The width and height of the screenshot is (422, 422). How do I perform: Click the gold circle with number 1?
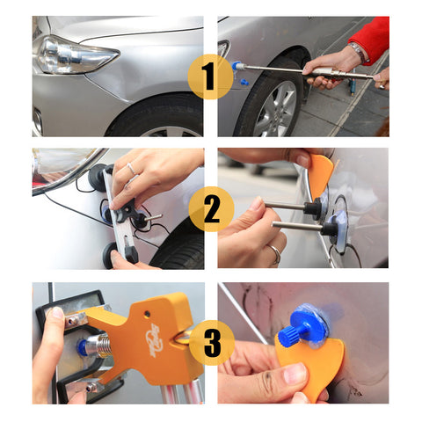point(210,76)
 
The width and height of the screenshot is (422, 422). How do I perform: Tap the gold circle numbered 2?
point(211,209)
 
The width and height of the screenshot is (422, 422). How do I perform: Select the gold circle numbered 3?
point(212,343)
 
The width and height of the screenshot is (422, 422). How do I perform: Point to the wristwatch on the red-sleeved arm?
point(358,52)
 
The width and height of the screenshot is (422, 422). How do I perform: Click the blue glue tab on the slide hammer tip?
point(236,66)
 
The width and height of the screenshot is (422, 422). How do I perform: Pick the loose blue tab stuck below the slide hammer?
point(244,82)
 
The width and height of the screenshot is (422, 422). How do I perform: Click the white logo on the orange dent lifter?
point(155,339)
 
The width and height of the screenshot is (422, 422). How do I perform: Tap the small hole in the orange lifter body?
point(147,314)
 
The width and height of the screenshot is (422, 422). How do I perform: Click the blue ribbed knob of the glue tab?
point(287,335)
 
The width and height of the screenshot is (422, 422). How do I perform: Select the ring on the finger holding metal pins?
point(275,253)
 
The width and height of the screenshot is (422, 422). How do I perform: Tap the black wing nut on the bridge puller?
point(127,210)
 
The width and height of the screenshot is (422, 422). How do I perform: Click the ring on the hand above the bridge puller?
point(132,169)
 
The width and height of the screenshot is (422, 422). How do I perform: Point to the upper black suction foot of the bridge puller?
point(98,178)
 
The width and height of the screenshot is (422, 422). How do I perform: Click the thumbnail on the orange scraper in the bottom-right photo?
point(296,374)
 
